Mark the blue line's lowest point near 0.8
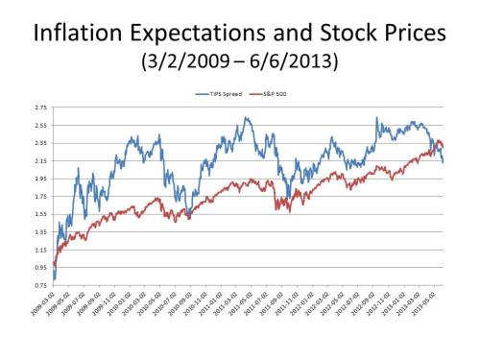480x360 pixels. coord(54,279)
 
